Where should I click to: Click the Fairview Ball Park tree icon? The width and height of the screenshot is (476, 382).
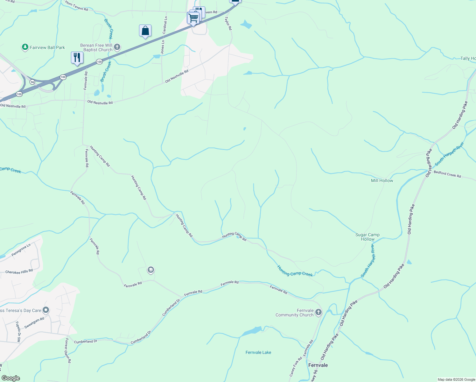tap(25, 47)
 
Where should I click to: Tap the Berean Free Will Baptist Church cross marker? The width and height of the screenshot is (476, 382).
tap(117, 47)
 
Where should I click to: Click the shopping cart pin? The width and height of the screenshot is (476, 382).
tap(193, 18)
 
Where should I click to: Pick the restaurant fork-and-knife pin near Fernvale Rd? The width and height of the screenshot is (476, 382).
tap(77, 58)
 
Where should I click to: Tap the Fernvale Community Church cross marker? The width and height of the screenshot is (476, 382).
tap(318, 313)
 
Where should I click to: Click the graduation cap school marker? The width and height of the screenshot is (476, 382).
tap(150, 270)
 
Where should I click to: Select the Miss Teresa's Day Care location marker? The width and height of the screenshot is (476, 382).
tap(46, 310)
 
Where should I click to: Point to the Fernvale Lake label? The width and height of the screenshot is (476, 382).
tap(258, 352)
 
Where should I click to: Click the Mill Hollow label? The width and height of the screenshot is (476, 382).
tap(382, 180)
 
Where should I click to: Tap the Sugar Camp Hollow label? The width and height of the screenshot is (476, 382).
tap(367, 237)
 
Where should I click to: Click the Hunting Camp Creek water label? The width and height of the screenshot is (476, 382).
tap(295, 271)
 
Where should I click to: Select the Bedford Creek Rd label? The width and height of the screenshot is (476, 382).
tap(447, 174)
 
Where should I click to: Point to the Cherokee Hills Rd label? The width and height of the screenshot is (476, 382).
tap(19, 272)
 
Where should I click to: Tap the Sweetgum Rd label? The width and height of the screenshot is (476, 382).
tap(34, 323)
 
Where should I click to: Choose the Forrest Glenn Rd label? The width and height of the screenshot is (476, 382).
tap(67, 350)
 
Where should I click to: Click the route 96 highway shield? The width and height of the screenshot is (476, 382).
tap(32, 82)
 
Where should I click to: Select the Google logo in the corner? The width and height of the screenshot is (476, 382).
tap(10, 378)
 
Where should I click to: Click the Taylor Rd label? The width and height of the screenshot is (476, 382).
tap(228, 24)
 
